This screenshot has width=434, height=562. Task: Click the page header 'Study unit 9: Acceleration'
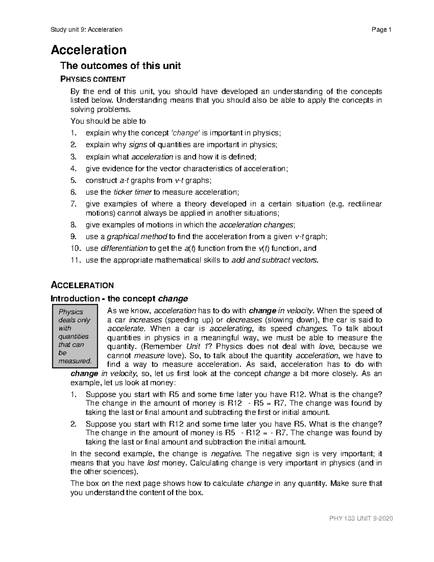point(86,30)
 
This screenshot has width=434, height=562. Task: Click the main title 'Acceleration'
point(89,50)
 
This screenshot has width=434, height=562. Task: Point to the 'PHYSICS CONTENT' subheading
point(93,79)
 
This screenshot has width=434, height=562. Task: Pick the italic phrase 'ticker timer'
point(133,192)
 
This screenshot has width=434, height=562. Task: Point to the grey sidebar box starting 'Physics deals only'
point(75,336)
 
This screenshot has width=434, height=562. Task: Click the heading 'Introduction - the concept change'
point(119,299)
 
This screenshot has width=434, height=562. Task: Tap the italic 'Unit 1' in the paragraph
point(198,347)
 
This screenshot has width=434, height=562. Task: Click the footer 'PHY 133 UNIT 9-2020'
point(361,519)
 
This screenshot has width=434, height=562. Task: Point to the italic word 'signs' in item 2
point(138,145)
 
